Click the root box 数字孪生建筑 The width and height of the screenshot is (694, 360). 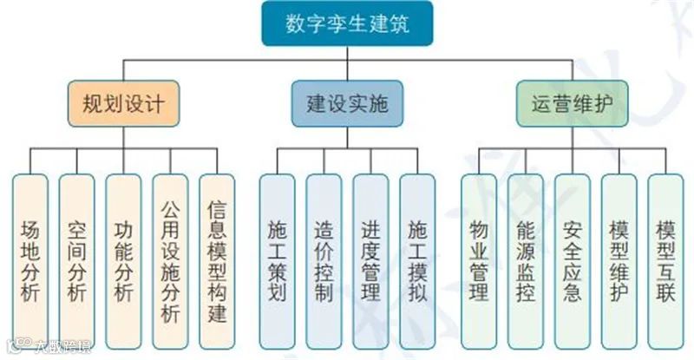click(x=347, y=23)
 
